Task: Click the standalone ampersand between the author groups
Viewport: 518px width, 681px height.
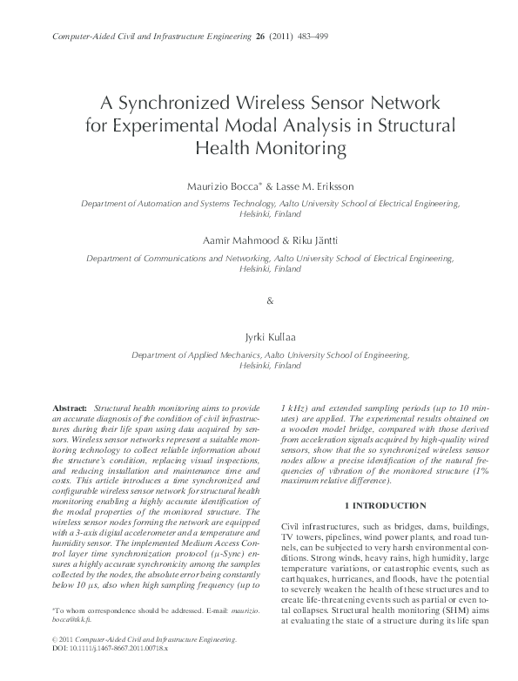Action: (268, 300)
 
